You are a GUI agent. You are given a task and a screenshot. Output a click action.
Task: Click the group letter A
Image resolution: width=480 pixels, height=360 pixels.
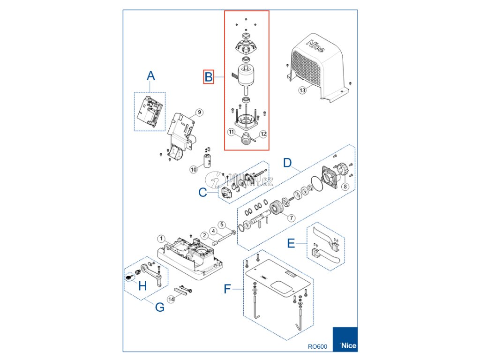(x=150, y=75)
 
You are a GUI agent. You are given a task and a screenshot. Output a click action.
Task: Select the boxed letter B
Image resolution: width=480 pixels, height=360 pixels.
(x=209, y=76)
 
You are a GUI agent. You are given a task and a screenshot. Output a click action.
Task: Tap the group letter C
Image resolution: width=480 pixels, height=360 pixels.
(x=202, y=192)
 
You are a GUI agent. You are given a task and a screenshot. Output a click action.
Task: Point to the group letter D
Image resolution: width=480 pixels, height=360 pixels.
(x=288, y=163)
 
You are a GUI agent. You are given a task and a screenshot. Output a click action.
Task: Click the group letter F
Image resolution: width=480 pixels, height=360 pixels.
(x=228, y=289)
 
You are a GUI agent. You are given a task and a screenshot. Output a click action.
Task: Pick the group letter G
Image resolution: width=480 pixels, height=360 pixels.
(x=159, y=307)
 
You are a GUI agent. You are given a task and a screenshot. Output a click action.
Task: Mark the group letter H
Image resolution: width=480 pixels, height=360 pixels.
(x=142, y=285)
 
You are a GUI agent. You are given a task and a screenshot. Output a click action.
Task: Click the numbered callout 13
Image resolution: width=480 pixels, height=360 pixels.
(x=302, y=90)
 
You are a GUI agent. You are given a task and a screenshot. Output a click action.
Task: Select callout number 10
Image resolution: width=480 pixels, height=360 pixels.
(x=193, y=169)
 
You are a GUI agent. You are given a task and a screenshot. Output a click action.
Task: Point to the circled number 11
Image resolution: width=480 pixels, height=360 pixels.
(x=231, y=132)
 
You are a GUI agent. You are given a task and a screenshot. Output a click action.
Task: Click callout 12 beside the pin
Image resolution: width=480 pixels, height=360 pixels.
(x=262, y=134)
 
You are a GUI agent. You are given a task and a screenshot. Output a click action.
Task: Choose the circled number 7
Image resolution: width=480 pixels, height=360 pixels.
(x=291, y=217)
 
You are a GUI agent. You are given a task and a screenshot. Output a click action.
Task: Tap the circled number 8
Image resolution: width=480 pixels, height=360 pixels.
(x=345, y=187)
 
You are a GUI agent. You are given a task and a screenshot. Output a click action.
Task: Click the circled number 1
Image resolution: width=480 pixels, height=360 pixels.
(x=161, y=239)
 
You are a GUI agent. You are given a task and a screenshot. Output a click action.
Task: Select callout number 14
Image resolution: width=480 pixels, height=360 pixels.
(x=171, y=299)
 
